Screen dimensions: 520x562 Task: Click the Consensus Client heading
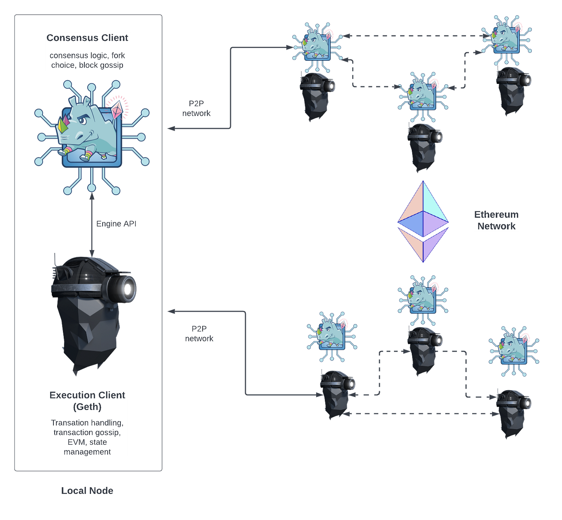click(87, 38)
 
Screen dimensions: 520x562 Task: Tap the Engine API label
click(116, 224)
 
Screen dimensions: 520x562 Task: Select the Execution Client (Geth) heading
click(87, 401)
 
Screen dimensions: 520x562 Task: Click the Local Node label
click(87, 491)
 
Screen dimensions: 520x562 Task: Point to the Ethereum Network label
click(496, 220)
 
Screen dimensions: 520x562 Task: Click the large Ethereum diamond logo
click(423, 222)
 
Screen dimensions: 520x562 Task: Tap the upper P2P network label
click(197, 109)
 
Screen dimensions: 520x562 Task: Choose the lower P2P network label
click(199, 334)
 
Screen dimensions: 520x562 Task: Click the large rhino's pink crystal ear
click(118, 108)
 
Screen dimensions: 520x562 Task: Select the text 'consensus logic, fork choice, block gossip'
click(87, 60)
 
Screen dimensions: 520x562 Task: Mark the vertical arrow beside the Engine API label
click(92, 225)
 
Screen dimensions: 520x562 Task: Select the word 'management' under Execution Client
click(87, 452)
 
